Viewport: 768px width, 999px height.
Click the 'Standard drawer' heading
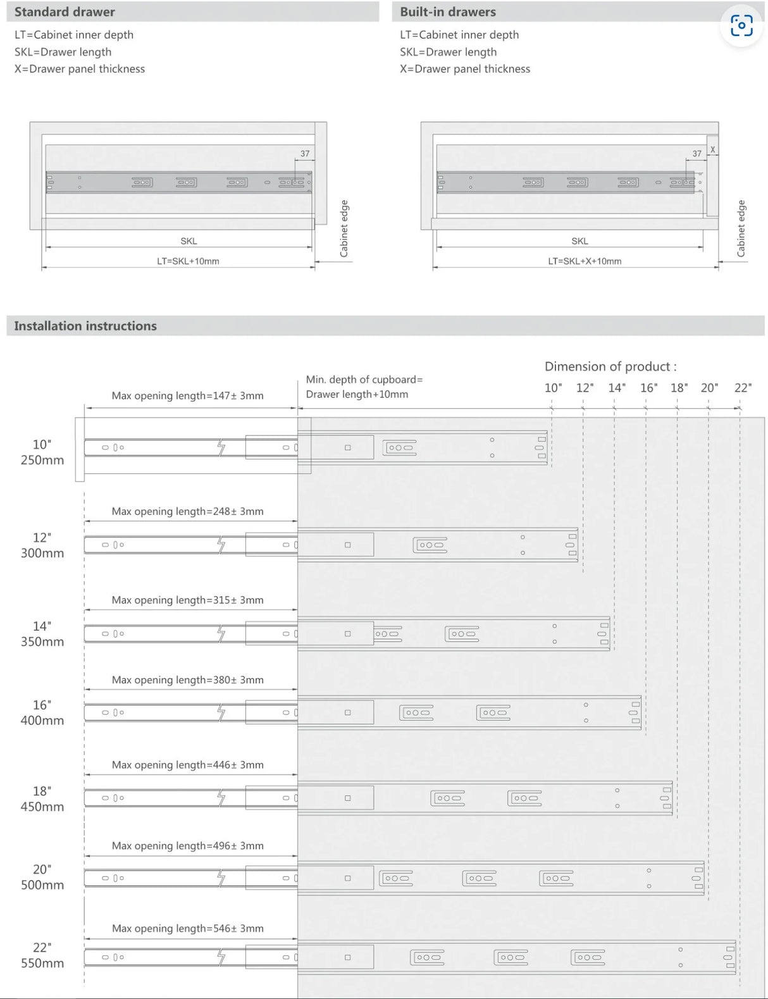[65, 12]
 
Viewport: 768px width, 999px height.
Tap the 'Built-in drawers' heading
[448, 12]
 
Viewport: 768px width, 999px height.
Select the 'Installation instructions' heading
[85, 326]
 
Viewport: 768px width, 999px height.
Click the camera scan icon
[741, 25]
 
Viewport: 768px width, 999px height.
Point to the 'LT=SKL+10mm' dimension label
[188, 261]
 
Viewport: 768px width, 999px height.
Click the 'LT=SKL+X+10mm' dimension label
[584, 261]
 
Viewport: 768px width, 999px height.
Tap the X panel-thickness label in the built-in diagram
[712, 149]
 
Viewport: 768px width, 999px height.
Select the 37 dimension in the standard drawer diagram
[305, 154]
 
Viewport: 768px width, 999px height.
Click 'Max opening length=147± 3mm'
[187, 396]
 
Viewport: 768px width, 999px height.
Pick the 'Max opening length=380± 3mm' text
[187, 680]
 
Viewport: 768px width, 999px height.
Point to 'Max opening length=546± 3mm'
[187, 928]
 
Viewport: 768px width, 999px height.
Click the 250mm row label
[42, 460]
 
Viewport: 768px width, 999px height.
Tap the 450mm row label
[42, 807]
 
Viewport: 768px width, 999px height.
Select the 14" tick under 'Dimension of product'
[617, 388]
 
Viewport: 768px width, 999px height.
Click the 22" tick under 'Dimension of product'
[743, 388]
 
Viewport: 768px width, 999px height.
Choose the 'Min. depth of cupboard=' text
[364, 380]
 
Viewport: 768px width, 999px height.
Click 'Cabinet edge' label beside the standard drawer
[344, 228]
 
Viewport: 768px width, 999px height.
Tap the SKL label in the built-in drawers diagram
[579, 241]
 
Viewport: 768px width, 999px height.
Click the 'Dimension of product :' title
[610, 366]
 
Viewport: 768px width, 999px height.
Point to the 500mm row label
[42, 885]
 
